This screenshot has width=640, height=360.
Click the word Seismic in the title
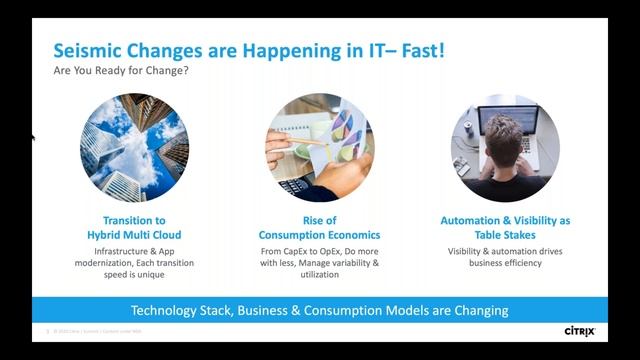(89, 50)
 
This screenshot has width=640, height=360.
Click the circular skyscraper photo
(134, 148)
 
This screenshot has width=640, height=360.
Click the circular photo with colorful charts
(319, 148)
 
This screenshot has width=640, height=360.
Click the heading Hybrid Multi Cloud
(134, 234)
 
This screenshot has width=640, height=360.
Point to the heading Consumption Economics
(319, 234)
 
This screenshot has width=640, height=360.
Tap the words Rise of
(319, 220)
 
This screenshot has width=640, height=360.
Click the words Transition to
(134, 220)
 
